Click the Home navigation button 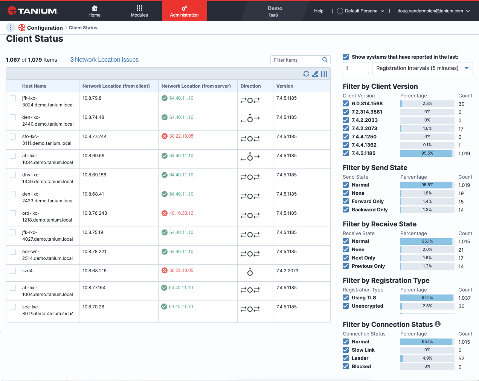95,11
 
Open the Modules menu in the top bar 139,11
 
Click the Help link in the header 319,11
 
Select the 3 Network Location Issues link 104,59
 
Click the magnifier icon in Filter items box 325,60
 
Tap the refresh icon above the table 306,74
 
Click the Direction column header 250,86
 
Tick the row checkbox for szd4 13,271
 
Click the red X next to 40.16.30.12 165,213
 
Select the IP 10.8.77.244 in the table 95,136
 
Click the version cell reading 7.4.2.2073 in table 287,271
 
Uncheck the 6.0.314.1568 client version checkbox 346,103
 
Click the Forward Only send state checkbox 346,201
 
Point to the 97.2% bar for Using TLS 427,298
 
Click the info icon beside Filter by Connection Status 437,324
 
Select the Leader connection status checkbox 346,358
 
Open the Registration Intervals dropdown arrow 467,68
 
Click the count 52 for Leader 461,358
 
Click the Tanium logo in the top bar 32,11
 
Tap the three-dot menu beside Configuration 11,27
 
